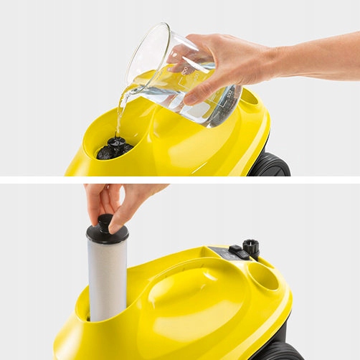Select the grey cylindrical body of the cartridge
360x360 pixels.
pyautogui.click(x=107, y=280)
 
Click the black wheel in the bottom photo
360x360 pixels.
pyautogui.click(x=277, y=349)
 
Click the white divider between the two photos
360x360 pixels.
pyautogui.click(x=180, y=179)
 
